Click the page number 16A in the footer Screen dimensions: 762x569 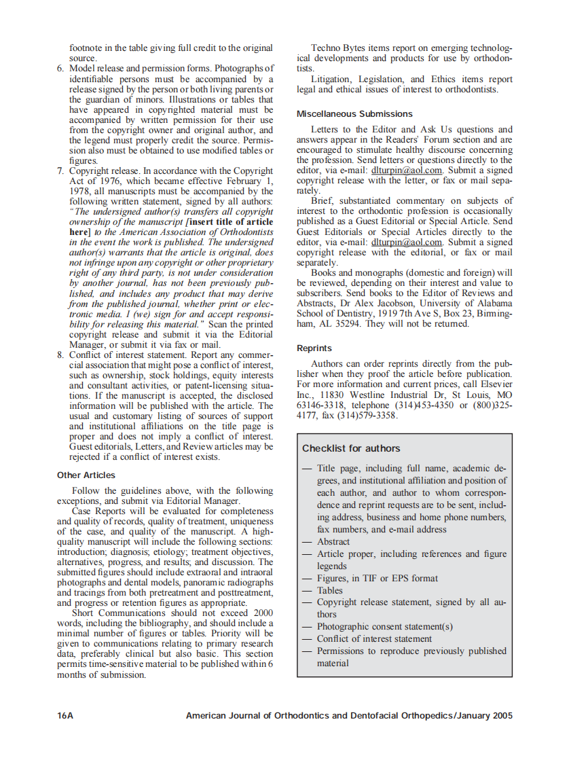pos(65,715)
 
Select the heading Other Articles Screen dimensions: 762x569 pos(86,475)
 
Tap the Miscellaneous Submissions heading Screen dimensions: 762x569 pos(354,113)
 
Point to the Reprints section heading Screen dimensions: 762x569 pos(314,348)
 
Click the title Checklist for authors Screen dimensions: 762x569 pos(351,448)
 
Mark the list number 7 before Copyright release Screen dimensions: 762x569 pos(60,171)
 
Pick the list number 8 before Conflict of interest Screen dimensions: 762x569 pos(60,355)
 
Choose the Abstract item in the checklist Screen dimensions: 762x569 pos(333,541)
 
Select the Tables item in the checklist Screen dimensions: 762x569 pos(330,590)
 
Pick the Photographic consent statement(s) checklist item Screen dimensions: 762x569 pos(385,626)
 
